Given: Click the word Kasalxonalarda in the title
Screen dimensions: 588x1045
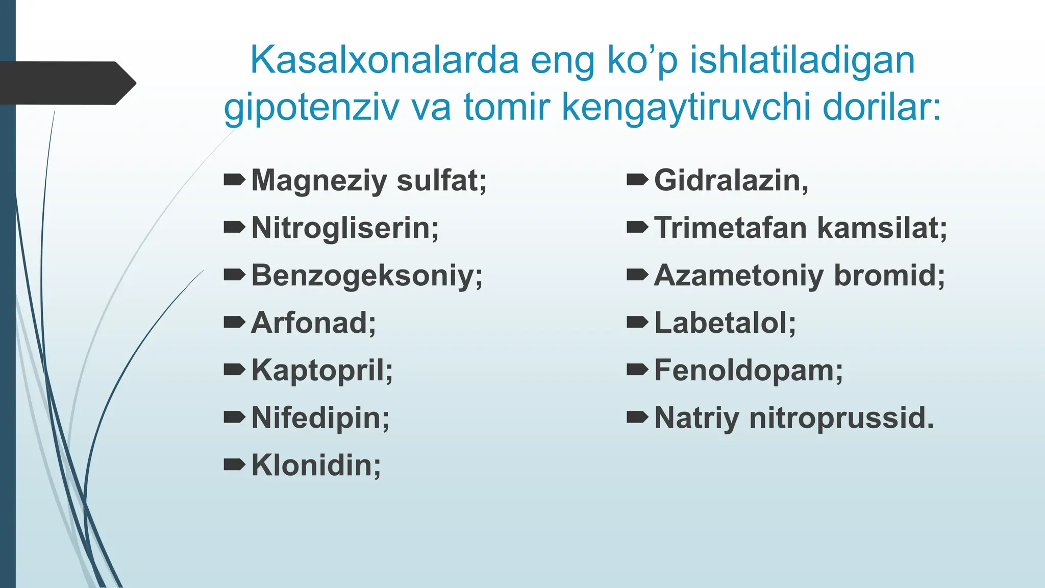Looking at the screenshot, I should [x=384, y=60].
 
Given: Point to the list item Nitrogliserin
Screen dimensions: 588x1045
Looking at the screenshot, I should [x=345, y=228].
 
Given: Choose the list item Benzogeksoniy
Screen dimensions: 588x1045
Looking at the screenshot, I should [x=367, y=276].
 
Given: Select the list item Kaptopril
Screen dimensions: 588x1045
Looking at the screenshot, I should [x=322, y=370].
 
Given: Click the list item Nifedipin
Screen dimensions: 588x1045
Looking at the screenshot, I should [x=320, y=418].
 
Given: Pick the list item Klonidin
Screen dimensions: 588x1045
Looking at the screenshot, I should [x=316, y=465].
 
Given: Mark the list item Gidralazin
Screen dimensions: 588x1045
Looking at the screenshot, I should [x=731, y=180].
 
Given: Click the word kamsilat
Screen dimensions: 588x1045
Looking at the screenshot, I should [x=882, y=228].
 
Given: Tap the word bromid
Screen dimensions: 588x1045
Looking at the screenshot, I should [x=889, y=275].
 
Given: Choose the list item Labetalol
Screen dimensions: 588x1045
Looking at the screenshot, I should [x=725, y=323].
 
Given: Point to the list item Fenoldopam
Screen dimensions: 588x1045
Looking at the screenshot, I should [x=748, y=370].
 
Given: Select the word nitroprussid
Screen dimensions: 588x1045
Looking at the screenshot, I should [x=841, y=418].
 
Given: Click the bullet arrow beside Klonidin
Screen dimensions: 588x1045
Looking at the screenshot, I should [x=234, y=464].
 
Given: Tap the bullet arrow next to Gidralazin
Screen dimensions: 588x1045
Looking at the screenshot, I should [x=637, y=180].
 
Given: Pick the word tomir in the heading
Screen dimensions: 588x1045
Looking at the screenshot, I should [x=506, y=108].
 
